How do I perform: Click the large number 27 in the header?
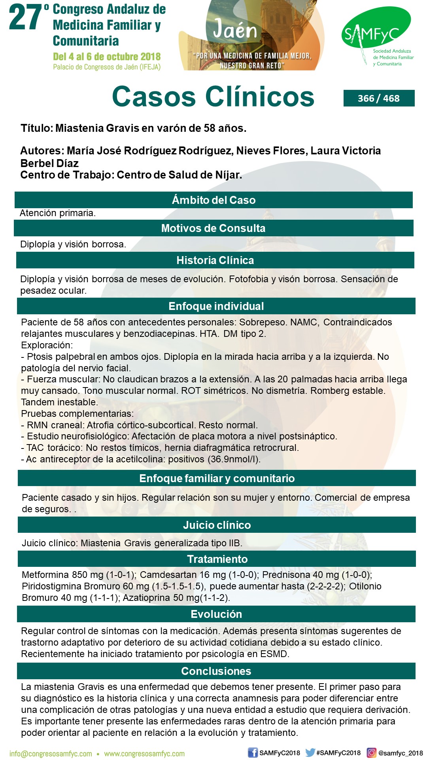click(25, 17)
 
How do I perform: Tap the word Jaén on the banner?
click(235, 29)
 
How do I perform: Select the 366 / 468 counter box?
click(379, 98)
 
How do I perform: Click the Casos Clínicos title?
click(213, 97)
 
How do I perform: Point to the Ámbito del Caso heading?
click(213, 200)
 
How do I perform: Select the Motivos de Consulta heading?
click(213, 228)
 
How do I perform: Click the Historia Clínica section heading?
click(215, 260)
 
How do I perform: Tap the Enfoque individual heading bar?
click(216, 306)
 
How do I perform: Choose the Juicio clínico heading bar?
click(217, 525)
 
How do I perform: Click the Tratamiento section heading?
click(217, 559)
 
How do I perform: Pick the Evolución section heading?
click(216, 614)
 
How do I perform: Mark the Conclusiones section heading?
click(216, 671)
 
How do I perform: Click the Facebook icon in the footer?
click(253, 753)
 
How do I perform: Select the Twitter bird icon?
click(310, 753)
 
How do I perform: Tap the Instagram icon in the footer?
click(372, 753)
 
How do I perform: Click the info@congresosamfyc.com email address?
click(51, 754)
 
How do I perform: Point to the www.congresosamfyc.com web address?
click(144, 754)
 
